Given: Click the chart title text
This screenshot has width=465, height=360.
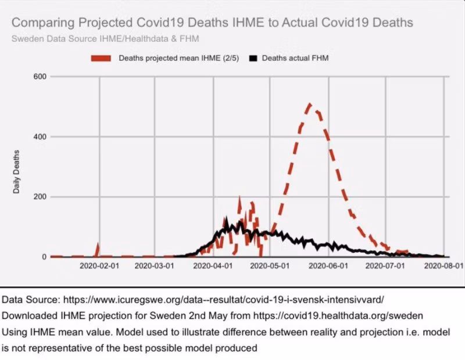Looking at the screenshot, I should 212,23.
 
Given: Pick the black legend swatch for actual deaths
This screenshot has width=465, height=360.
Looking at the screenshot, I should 253,59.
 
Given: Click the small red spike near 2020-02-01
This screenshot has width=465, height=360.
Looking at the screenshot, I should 98,247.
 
